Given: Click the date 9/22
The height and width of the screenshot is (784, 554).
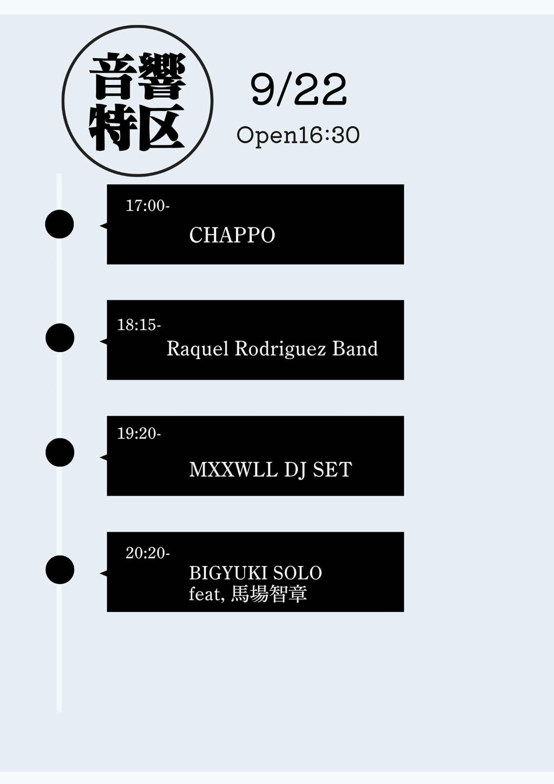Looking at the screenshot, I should (x=298, y=90).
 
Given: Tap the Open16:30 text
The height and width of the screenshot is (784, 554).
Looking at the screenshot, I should (x=298, y=135).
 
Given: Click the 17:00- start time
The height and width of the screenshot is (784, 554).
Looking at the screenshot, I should (x=147, y=206).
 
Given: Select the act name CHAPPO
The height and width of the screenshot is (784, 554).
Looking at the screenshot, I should (x=232, y=235).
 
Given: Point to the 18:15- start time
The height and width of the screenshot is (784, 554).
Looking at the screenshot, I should (x=139, y=325).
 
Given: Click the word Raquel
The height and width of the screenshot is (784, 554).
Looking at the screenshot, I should (x=197, y=349).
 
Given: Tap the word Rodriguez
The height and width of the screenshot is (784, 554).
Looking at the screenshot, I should (x=280, y=349).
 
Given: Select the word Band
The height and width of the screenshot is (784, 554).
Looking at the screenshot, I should (x=355, y=348).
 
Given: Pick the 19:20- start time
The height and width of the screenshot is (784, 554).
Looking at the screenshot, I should (x=139, y=433).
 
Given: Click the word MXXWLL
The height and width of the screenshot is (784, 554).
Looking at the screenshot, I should (x=233, y=470).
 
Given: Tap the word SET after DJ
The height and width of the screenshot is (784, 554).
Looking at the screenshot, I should (x=332, y=470).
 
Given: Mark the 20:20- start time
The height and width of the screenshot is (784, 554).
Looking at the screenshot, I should (x=147, y=553).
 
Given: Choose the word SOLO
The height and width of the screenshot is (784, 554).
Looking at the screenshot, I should (x=297, y=573).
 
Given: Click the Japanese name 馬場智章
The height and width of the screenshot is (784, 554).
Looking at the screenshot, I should (x=269, y=594).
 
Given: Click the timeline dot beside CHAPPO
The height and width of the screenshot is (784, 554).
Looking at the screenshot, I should (x=60, y=224).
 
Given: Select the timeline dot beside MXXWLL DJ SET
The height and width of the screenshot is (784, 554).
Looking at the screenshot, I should (x=60, y=452).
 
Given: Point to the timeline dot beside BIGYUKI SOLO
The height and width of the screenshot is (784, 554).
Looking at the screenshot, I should (x=60, y=570).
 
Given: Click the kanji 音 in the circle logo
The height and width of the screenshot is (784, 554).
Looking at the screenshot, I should (x=113, y=76).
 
